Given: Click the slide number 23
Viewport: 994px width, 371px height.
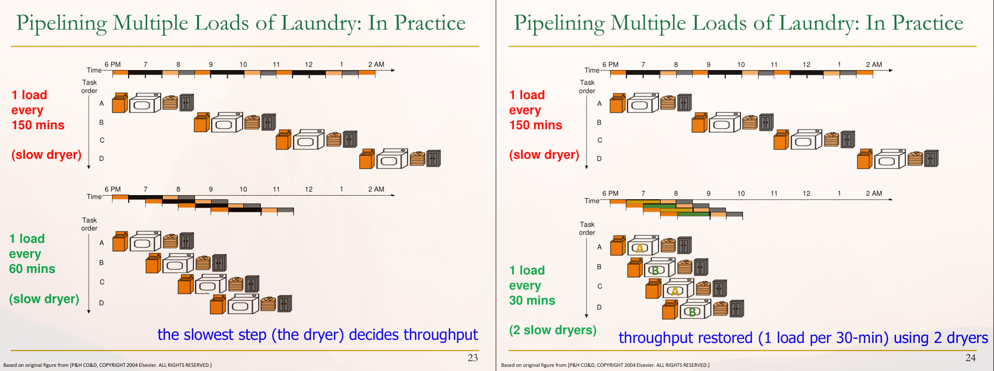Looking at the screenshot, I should point(472,358).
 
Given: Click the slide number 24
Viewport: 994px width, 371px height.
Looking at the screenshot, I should point(970,358).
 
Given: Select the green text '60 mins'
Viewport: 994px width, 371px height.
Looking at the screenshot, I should point(32,269).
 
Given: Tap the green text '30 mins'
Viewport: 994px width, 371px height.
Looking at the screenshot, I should point(532,300).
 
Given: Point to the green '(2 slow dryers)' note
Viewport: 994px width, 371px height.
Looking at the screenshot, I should point(553,330).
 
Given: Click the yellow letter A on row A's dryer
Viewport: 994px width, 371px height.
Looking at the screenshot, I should point(640,248).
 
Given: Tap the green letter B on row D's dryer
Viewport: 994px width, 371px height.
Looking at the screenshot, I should point(692,312).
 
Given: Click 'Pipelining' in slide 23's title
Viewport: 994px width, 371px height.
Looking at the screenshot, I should point(62,23).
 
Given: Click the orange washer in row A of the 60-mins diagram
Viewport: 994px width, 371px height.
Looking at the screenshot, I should point(120,241).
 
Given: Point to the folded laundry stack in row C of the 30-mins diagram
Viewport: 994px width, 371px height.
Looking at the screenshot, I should point(703,288).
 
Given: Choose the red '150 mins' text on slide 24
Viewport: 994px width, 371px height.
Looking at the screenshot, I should point(536,125).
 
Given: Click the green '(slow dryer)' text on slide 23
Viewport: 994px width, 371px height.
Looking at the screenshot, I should point(44,299).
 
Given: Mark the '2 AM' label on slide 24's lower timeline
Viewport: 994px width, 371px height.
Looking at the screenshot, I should point(874,194).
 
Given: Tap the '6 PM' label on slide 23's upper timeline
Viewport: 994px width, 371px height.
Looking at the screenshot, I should point(113,64).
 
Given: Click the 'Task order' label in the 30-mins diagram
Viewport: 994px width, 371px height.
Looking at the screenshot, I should point(587,228).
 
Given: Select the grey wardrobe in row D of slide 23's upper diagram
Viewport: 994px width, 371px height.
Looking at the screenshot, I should point(433,158).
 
